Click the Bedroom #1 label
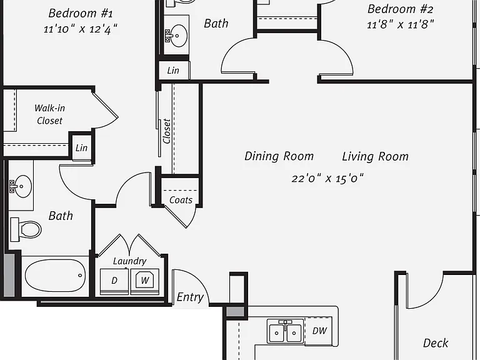[81, 14]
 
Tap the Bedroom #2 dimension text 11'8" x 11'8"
[401, 24]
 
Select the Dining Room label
[279, 156]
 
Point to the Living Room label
[375, 156]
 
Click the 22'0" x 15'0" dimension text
[327, 178]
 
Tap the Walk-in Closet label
[49, 114]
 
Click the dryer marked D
[114, 281]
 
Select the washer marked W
[145, 281]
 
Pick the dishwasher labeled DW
[319, 331]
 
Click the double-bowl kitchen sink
[285, 331]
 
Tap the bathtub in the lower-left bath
[56, 276]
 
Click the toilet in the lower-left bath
[26, 229]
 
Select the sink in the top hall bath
[176, 35]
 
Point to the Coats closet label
[181, 200]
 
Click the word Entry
[190, 297]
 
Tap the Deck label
[435, 343]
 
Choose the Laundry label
[129, 261]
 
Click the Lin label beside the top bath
[173, 71]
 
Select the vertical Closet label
[167, 131]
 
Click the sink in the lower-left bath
[21, 186]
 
